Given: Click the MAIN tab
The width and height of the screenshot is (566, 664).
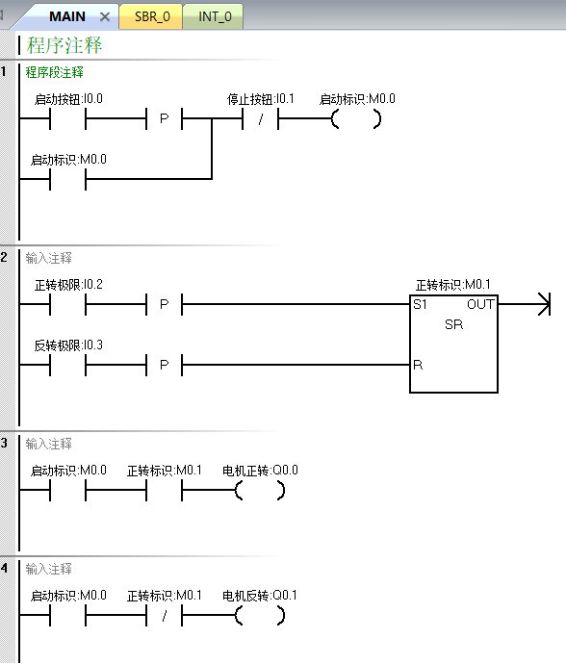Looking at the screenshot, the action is click(67, 16).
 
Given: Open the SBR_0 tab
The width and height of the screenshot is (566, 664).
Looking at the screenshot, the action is click(152, 16).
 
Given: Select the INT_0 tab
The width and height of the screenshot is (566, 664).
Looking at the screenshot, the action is click(215, 16).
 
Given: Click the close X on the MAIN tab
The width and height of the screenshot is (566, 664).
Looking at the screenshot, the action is click(105, 17).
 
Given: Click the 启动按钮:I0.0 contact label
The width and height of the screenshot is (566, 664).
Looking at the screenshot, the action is click(68, 99).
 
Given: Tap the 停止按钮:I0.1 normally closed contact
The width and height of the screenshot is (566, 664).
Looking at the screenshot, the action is click(260, 119).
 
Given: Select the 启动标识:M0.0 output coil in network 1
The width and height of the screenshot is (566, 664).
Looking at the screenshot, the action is click(356, 119).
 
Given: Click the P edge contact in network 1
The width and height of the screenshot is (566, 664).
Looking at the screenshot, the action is click(164, 119).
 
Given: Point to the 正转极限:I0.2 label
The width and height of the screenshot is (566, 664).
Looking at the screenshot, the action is click(68, 285).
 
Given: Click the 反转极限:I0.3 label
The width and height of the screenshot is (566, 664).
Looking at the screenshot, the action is click(68, 345).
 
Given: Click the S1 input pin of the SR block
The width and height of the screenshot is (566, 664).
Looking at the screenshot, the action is click(420, 304).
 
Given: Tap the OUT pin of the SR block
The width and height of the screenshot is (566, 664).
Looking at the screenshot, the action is click(480, 304).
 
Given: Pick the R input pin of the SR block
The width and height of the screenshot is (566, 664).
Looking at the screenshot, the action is click(418, 365).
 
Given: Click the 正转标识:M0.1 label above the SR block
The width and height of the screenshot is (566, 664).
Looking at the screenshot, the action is click(452, 285).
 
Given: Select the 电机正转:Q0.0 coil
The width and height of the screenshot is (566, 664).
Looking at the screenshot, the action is click(260, 491).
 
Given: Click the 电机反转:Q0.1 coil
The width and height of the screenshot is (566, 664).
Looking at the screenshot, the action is click(260, 616).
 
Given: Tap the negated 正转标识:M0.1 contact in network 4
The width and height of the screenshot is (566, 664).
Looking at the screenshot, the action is click(164, 616).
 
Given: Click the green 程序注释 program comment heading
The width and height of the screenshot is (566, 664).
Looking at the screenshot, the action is click(64, 45).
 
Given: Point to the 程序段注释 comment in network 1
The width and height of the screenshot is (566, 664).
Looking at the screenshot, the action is click(54, 72).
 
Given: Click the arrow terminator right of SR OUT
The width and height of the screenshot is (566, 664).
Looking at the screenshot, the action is click(544, 304).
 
